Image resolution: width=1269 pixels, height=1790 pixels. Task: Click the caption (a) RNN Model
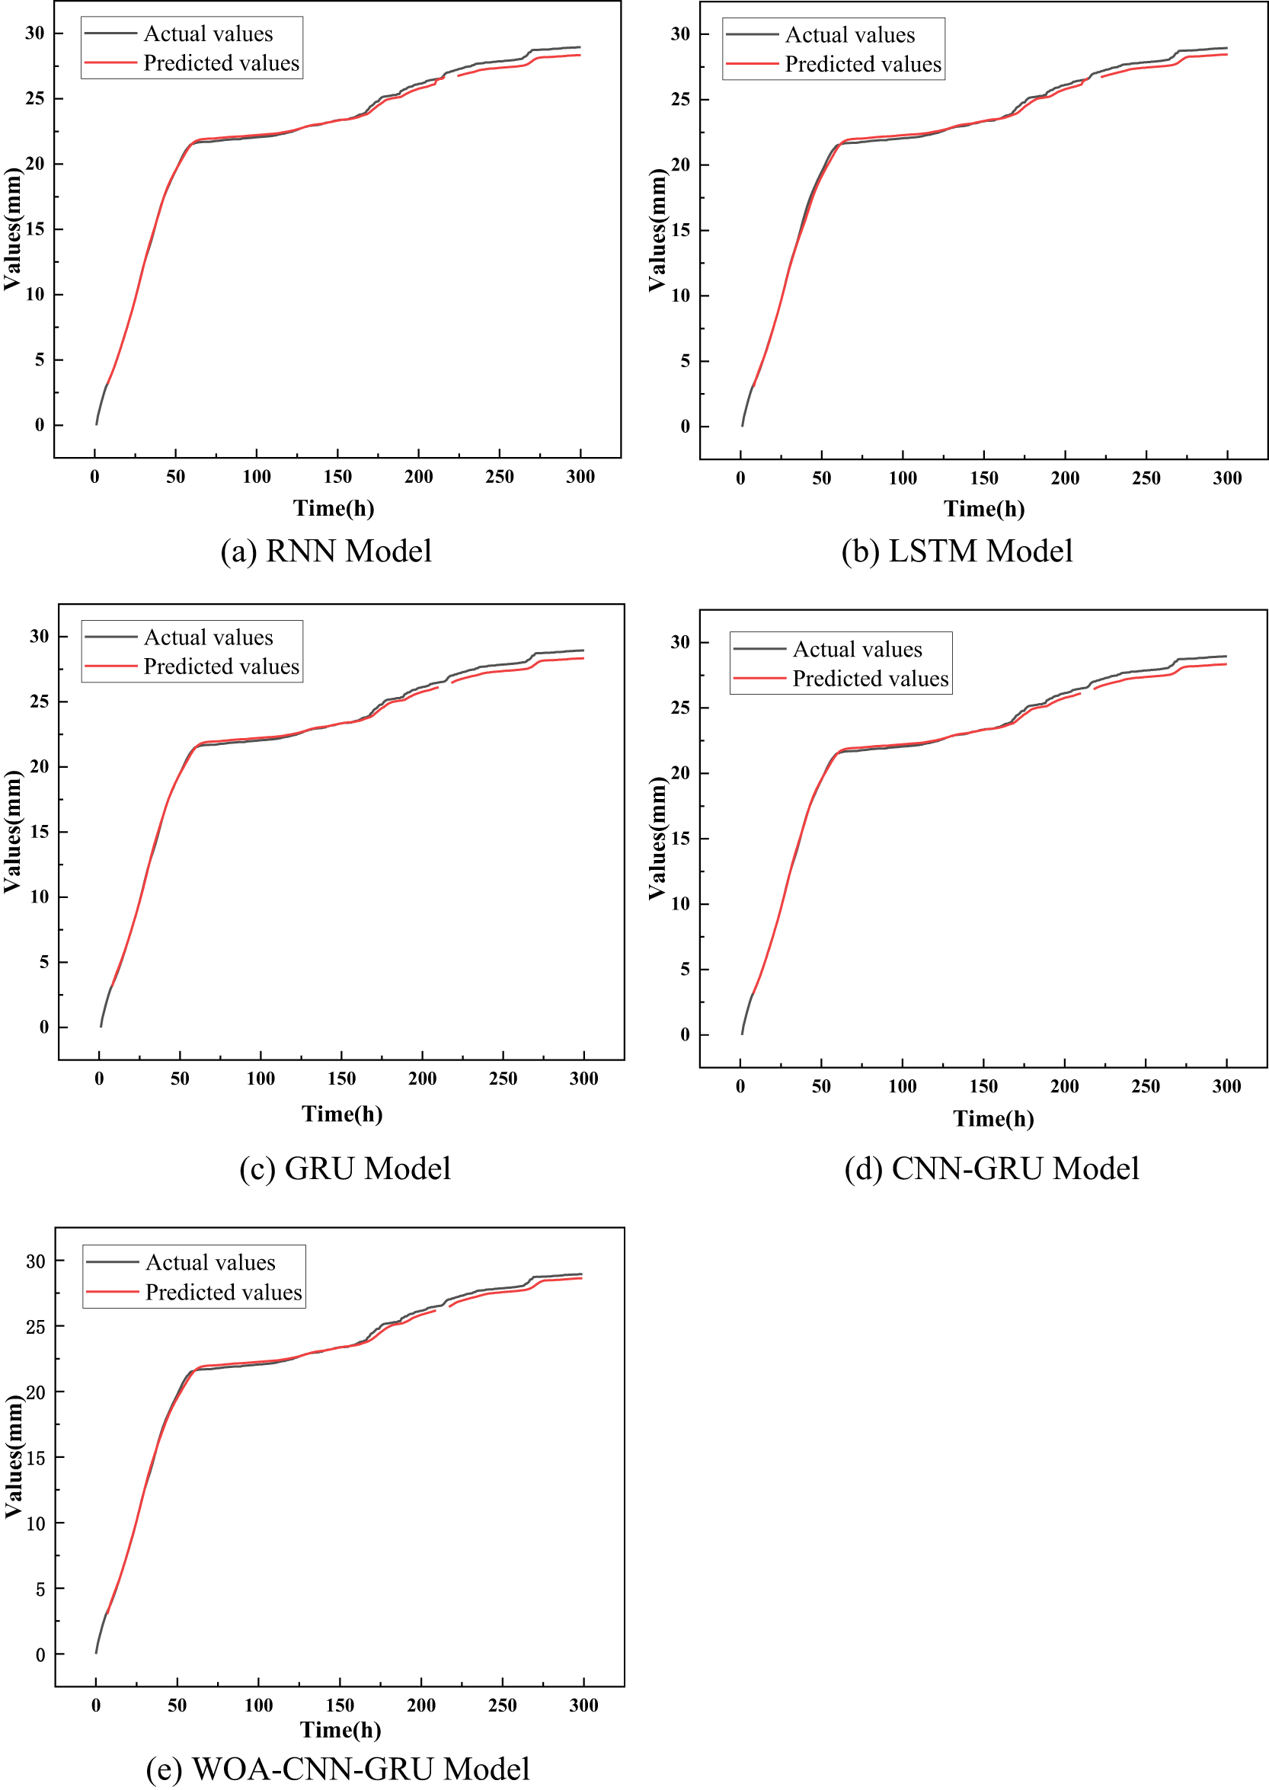pyautogui.click(x=326, y=551)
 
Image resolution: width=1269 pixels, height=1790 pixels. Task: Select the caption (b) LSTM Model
pyautogui.click(x=957, y=551)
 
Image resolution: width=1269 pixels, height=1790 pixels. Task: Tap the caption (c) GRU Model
pyautogui.click(x=344, y=1168)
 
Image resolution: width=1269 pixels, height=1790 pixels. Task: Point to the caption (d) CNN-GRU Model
pyautogui.click(x=991, y=1168)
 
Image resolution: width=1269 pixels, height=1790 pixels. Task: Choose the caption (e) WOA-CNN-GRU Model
pyautogui.click(x=337, y=1768)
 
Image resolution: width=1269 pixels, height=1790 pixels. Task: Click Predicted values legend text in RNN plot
pyautogui.click(x=221, y=63)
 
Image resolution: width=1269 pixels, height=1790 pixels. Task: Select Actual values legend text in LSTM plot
pyautogui.click(x=849, y=35)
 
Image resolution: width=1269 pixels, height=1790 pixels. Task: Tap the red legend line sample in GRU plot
pyautogui.click(x=111, y=666)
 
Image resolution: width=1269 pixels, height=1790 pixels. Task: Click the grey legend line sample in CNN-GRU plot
pyautogui.click(x=759, y=649)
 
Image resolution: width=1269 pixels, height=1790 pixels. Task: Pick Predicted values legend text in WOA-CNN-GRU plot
pyautogui.click(x=223, y=1293)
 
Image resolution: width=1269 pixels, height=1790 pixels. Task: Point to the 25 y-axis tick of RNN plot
pyautogui.click(x=34, y=98)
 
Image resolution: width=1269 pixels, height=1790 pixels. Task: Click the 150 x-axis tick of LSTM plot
pyautogui.click(x=983, y=478)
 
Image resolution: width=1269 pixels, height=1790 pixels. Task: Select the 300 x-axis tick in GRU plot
pyautogui.click(x=583, y=1079)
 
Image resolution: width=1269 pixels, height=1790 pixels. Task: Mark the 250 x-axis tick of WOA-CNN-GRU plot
pyautogui.click(x=502, y=1705)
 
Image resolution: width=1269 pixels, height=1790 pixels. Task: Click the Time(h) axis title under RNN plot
pyautogui.click(x=334, y=509)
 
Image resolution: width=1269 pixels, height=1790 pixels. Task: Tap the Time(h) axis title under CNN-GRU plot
pyautogui.click(x=993, y=1119)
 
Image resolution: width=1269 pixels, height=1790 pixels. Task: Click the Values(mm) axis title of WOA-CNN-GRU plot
pyautogui.click(x=13, y=1458)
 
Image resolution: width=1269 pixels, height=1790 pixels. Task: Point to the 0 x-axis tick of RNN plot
pyautogui.click(x=94, y=478)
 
